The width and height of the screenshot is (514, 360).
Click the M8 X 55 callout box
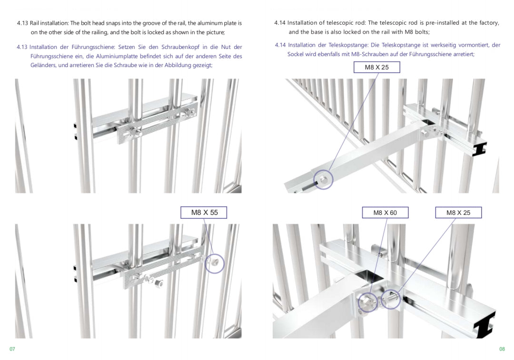(x=204, y=212)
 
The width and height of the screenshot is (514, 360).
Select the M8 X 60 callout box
(x=385, y=213)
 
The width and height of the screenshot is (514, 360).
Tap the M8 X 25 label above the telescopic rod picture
(x=376, y=67)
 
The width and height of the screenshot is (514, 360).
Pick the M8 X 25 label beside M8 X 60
(x=458, y=213)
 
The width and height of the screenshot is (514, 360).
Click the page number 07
(x=12, y=349)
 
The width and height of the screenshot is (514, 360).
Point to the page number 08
(x=502, y=349)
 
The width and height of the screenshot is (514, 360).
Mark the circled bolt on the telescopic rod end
(x=323, y=179)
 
